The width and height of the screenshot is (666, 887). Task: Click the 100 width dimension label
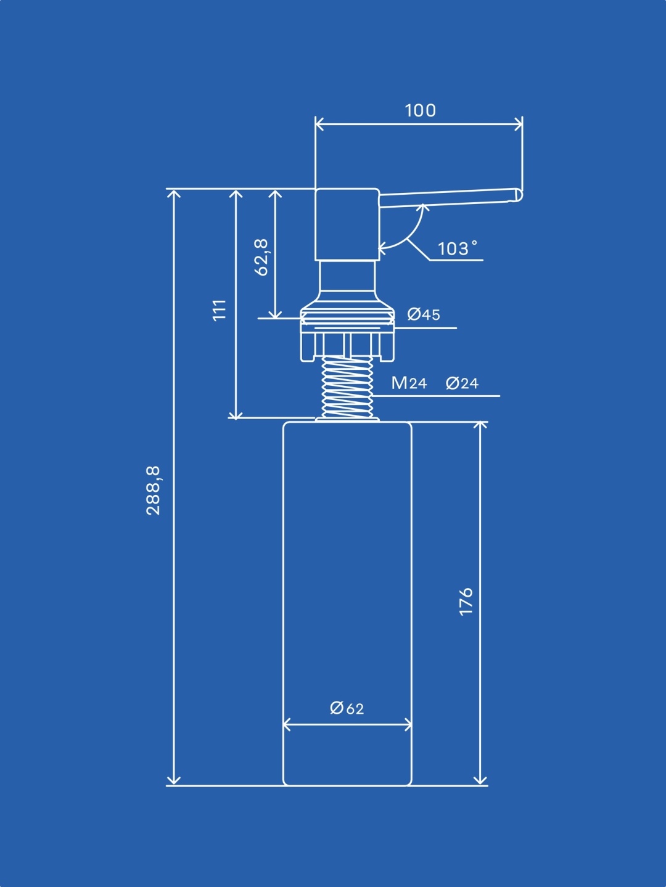(x=421, y=110)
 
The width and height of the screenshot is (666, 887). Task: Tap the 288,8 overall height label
(x=153, y=490)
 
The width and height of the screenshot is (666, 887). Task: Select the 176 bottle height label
(x=466, y=602)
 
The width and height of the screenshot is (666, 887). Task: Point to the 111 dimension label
(x=220, y=310)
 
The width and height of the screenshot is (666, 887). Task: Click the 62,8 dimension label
(x=261, y=258)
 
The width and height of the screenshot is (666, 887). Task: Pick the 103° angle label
(x=458, y=248)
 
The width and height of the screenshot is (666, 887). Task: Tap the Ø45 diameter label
(x=424, y=314)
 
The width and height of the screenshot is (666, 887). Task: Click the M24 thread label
(x=409, y=382)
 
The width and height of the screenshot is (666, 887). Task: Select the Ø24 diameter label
(x=462, y=383)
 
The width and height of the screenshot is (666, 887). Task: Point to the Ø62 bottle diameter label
(x=347, y=708)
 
